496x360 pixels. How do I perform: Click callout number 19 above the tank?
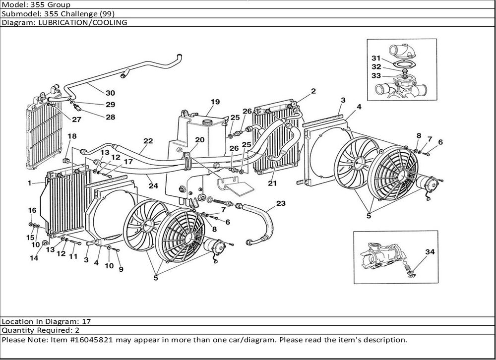click(x=215, y=102)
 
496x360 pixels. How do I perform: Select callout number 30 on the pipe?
click(x=110, y=93)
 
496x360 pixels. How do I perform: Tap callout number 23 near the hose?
click(x=281, y=203)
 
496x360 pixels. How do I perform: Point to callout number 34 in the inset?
click(x=430, y=252)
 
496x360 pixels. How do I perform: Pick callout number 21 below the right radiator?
click(x=272, y=183)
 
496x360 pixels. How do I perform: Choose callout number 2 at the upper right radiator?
click(x=313, y=91)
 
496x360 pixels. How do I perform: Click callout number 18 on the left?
click(x=72, y=136)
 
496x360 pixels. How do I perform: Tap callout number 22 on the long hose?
click(x=148, y=141)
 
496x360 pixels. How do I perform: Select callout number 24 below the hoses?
click(x=153, y=186)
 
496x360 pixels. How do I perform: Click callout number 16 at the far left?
click(x=31, y=210)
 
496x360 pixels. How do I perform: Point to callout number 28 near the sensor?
click(x=110, y=117)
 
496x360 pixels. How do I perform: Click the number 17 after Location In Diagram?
click(x=86, y=321)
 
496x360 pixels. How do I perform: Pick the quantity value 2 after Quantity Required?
click(x=77, y=330)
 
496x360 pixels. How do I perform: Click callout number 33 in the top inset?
click(x=376, y=75)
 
